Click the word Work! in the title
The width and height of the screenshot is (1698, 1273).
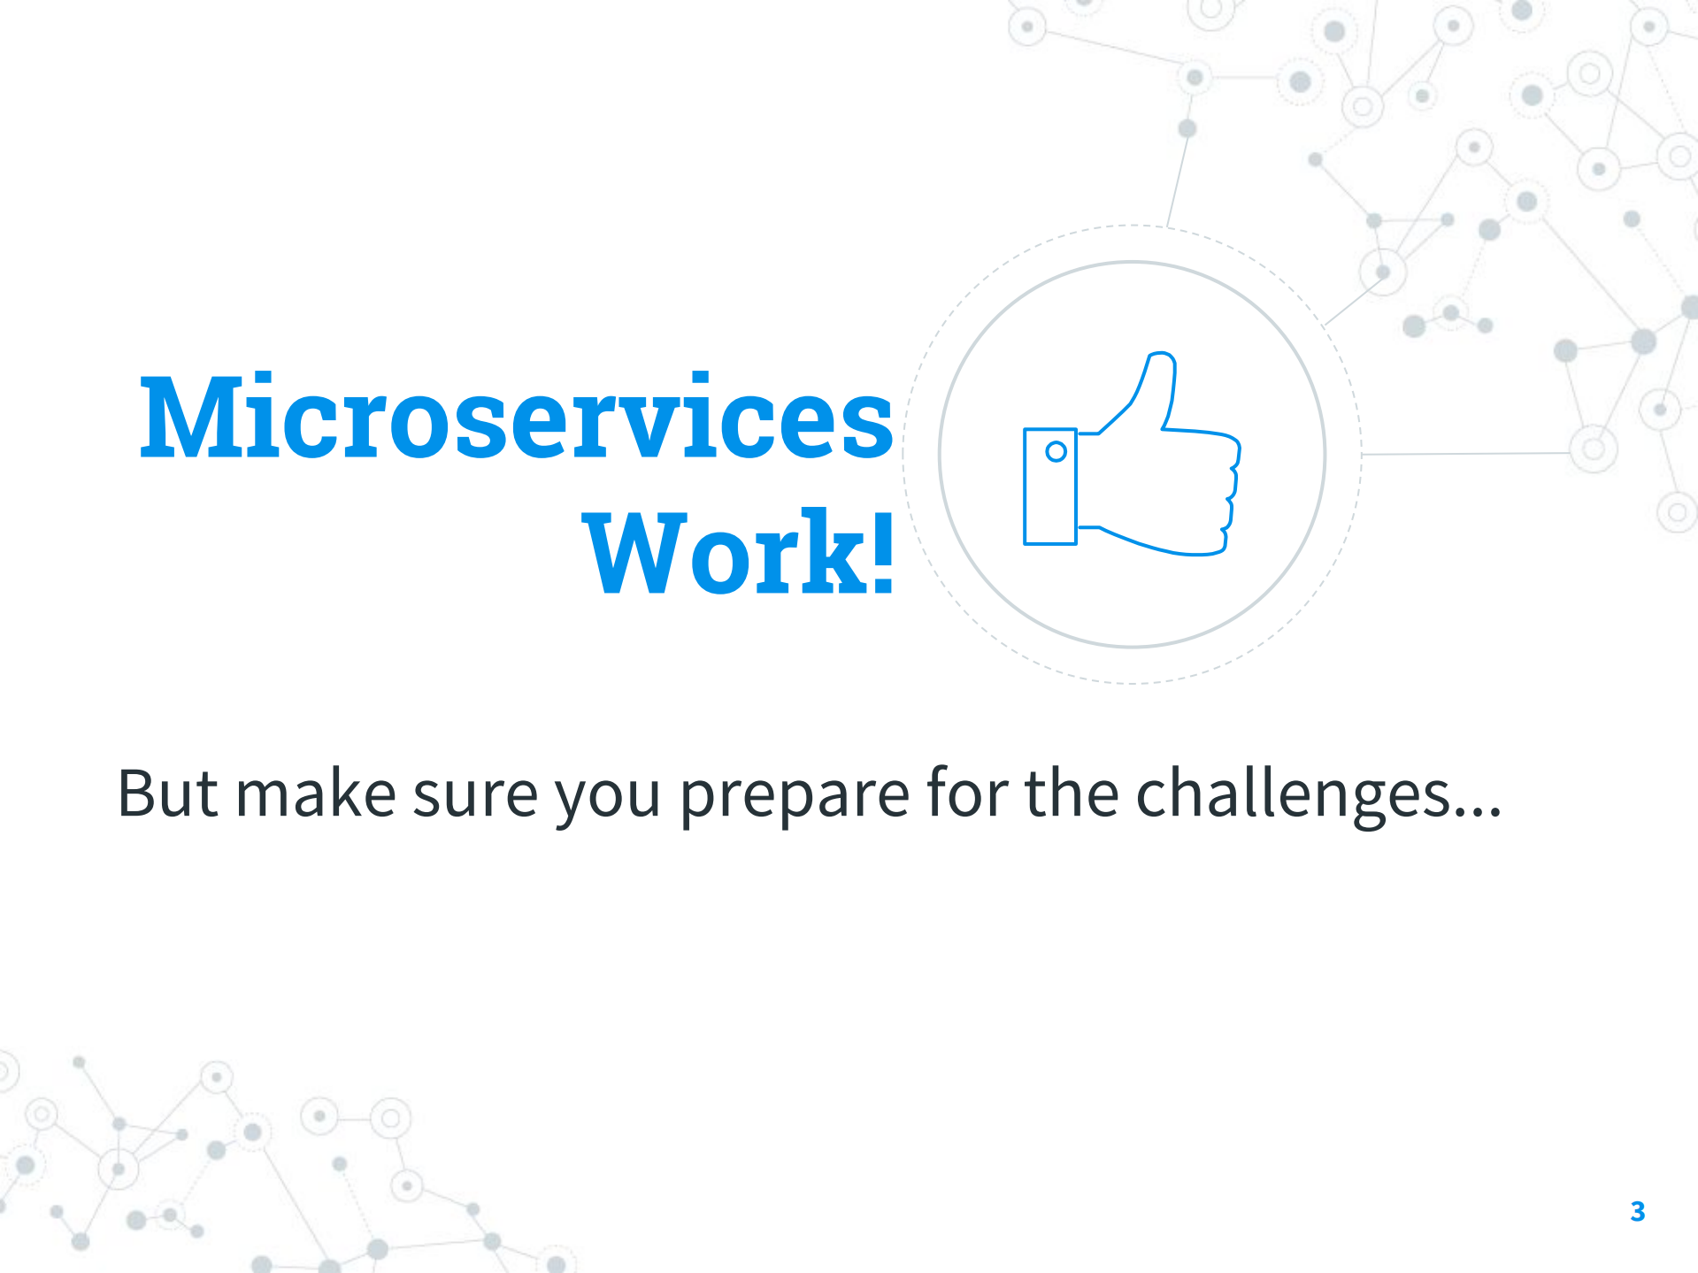tap(739, 553)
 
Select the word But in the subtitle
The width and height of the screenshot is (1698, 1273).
tap(167, 794)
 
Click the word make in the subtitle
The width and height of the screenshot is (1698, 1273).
tap(315, 794)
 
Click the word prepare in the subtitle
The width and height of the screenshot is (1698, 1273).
tap(794, 795)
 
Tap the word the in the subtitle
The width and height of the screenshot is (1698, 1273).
tap(1072, 794)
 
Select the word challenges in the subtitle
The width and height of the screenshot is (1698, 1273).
tap(1293, 795)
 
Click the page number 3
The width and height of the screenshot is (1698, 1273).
tap(1637, 1211)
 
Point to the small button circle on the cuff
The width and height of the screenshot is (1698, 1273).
tap(1056, 452)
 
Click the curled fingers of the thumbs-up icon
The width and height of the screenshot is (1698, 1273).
tap(1225, 495)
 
